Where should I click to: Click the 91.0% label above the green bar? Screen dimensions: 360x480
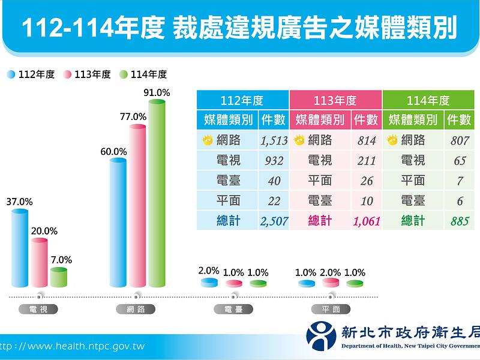[157, 93]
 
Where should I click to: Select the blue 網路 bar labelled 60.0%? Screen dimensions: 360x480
[118, 222]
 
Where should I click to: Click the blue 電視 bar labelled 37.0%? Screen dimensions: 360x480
[20, 249]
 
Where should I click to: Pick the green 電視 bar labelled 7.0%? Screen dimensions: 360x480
[58, 277]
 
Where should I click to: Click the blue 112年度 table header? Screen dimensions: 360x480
[242, 100]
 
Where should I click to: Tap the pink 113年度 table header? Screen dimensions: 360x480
[335, 100]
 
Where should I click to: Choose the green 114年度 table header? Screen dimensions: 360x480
[428, 100]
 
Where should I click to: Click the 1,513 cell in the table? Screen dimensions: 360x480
[274, 141]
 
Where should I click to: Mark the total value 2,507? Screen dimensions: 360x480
[274, 221]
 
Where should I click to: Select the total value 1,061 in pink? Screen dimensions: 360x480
[367, 221]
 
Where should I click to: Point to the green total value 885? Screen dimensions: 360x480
[460, 221]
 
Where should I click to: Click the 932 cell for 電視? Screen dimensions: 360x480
[274, 161]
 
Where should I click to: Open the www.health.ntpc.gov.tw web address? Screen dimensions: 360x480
[72, 346]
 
